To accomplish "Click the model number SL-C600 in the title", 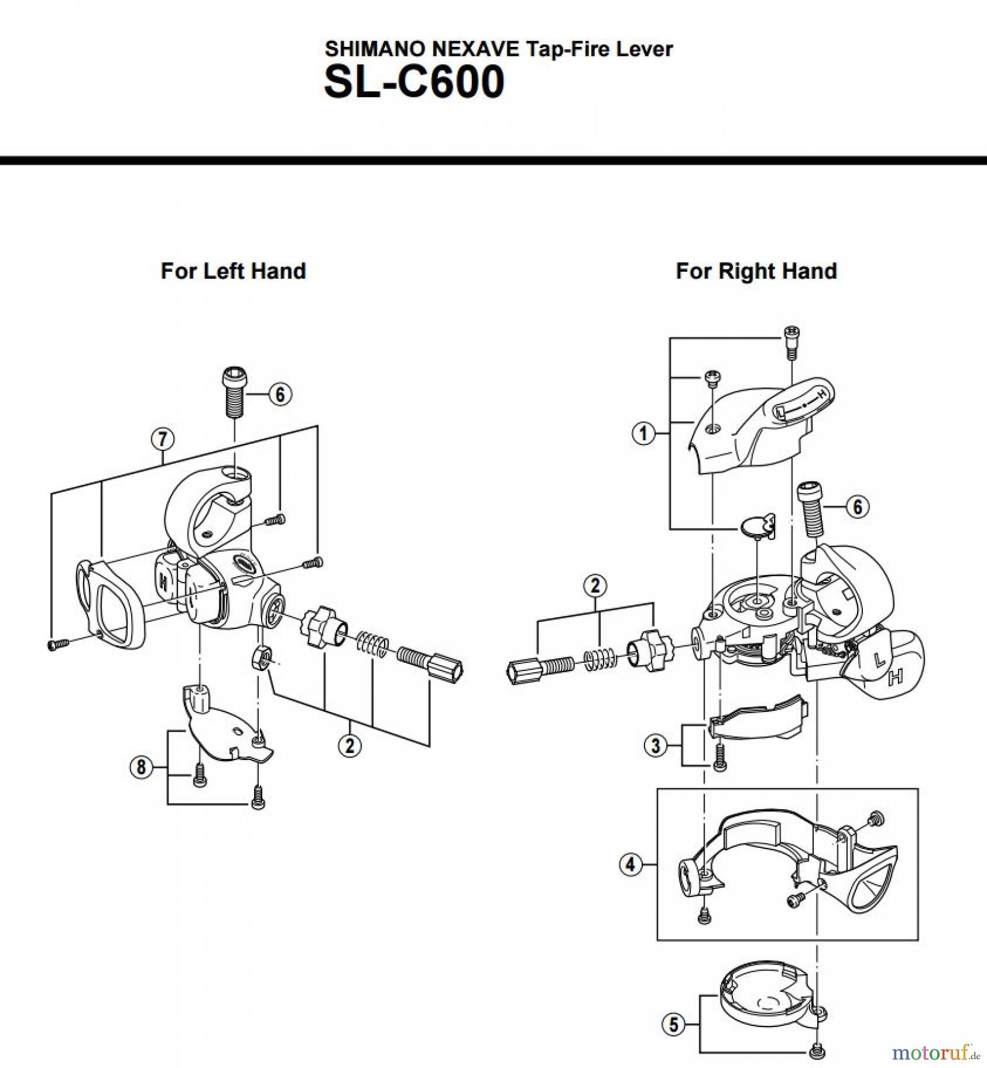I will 414,82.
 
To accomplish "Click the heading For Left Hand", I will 233,271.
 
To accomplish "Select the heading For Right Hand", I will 756,271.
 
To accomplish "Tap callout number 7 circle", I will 162,439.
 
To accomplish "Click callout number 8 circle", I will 141,767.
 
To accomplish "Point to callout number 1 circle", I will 643,433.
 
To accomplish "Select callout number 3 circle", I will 655,745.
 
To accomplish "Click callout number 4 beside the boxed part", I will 630,864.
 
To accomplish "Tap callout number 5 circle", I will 673,1025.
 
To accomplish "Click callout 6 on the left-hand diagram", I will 280,394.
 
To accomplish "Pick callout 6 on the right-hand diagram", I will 857,507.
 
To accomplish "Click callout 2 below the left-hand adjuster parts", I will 350,745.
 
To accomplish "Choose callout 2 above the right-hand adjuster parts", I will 595,586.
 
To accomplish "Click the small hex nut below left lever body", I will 260,658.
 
